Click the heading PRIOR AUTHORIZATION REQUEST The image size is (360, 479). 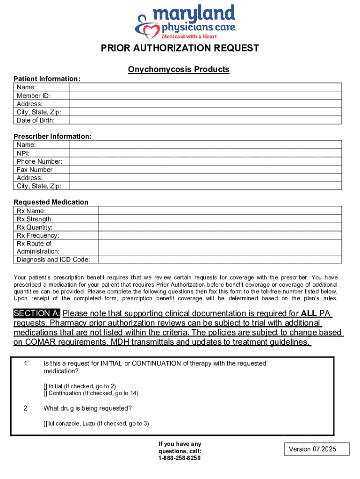point(180,48)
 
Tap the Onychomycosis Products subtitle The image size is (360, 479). point(179,70)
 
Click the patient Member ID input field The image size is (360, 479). point(205,95)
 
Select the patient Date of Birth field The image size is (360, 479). point(205,120)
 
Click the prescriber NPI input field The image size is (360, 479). point(205,153)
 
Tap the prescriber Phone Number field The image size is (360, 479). point(205,161)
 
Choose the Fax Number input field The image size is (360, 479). point(205,169)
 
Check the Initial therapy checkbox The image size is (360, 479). point(46,386)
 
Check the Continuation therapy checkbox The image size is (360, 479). point(46,393)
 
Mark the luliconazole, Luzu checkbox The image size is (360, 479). point(46,424)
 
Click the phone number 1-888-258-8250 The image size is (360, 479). point(180,458)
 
